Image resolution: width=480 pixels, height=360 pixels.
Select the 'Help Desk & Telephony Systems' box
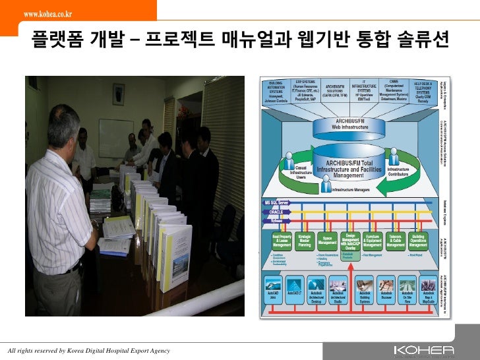tap(423, 92)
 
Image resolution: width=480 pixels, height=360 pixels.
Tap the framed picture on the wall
tap(119, 94)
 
